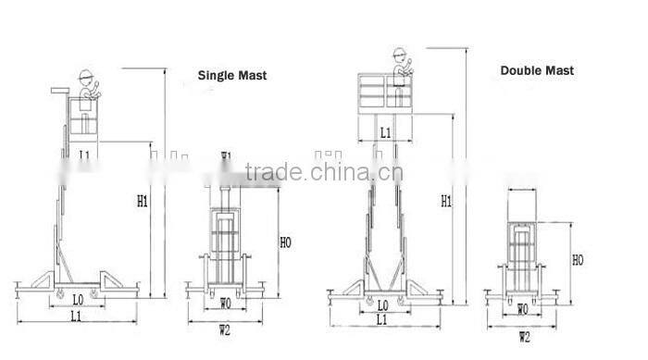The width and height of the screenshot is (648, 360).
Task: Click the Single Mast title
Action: (x=233, y=76)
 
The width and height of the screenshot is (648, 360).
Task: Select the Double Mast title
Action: (x=537, y=70)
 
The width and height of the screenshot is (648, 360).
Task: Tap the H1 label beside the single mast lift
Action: (x=143, y=199)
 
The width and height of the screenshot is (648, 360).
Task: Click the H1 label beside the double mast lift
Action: (x=446, y=200)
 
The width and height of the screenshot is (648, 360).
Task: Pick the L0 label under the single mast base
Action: (x=79, y=300)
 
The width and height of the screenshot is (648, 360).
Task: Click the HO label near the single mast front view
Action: (x=285, y=242)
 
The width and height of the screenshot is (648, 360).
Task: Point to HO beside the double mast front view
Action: (x=578, y=261)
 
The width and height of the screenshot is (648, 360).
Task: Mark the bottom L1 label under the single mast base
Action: (x=77, y=317)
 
